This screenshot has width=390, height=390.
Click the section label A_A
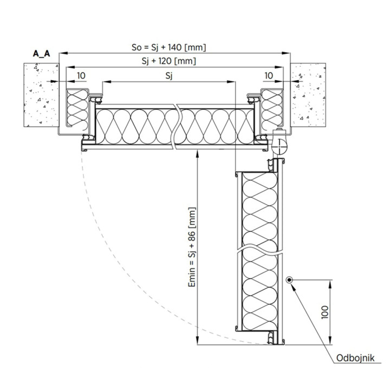(x=41, y=54)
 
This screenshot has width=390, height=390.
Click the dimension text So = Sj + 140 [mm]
(x=168, y=47)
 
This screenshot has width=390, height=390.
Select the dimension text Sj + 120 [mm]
(x=168, y=61)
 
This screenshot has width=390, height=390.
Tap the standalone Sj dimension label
(x=169, y=76)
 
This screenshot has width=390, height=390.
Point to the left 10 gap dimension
(x=81, y=76)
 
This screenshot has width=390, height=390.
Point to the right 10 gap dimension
(x=269, y=76)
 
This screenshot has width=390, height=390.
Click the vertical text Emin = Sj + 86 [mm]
(x=192, y=247)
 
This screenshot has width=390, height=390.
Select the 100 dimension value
(x=325, y=312)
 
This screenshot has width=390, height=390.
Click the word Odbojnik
(x=355, y=358)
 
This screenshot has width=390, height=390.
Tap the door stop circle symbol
(x=289, y=280)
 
